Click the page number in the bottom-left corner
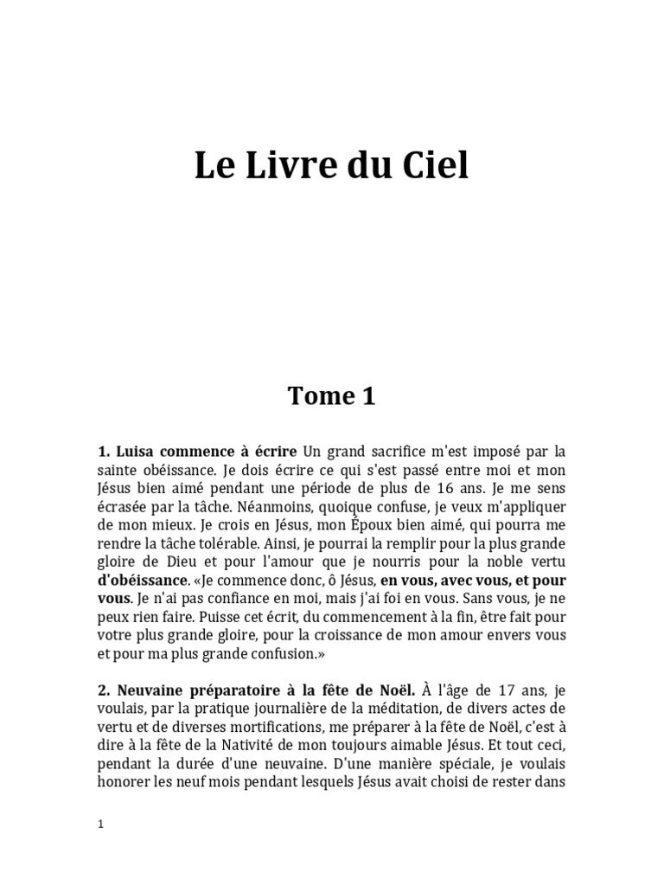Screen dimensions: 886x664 point(100,825)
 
